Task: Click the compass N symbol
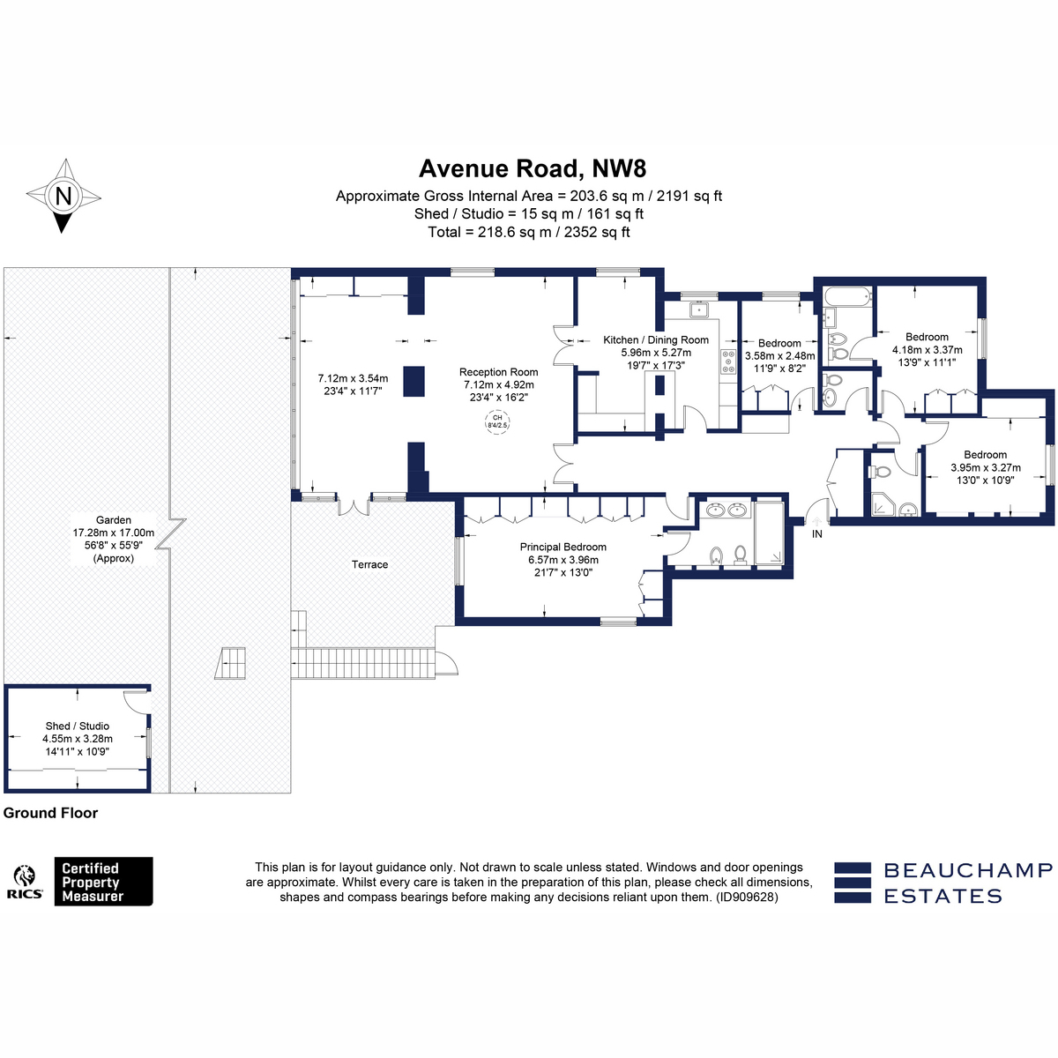pos(63,196)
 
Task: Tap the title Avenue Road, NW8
pos(532,168)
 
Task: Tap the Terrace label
pos(369,564)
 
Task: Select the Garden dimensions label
pos(114,540)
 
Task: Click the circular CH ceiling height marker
pos(497,421)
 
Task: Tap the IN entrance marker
pos(817,533)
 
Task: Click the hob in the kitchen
pos(728,361)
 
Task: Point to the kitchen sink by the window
pos(698,309)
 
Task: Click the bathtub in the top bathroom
pos(847,297)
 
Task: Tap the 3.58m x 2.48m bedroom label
pos(779,356)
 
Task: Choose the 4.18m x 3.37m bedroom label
pos(927,349)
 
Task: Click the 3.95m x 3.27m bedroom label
pos(986,467)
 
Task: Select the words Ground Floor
pos(50,813)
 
